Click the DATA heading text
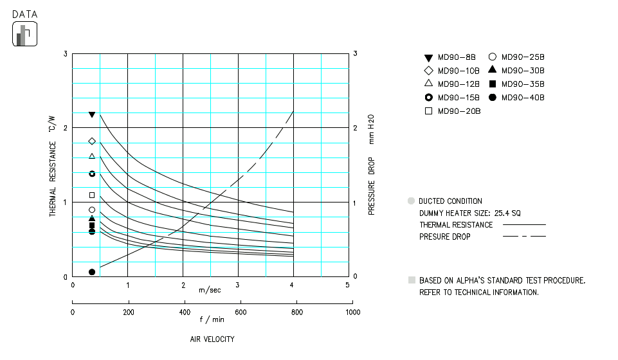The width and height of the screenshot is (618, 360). point(24,14)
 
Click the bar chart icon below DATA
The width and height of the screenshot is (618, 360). point(25,34)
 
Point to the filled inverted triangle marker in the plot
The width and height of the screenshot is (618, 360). point(92,115)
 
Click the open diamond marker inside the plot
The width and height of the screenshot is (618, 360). point(92,141)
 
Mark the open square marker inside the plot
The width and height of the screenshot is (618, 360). point(92,195)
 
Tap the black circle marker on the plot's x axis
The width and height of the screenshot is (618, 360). point(92,272)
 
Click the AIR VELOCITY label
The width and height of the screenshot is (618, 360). point(212,339)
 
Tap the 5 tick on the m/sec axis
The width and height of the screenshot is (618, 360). point(348,285)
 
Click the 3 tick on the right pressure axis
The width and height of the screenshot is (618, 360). point(356,54)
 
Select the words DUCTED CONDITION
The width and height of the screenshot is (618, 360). point(450,201)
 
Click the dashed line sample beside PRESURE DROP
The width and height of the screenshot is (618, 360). point(524,237)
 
